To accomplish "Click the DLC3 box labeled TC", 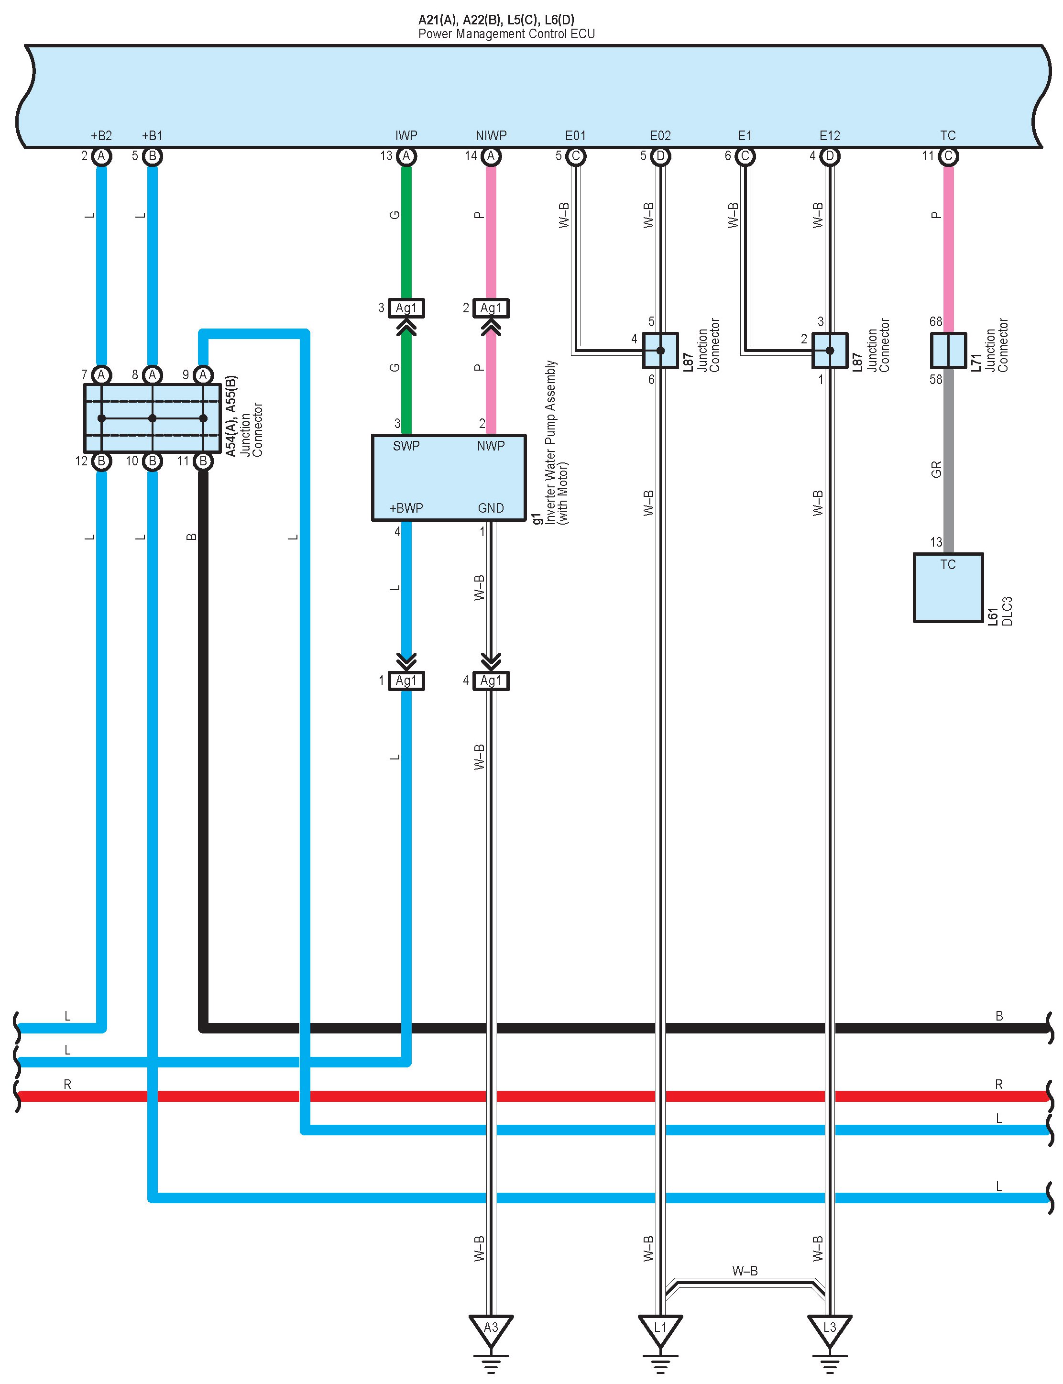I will pos(948,588).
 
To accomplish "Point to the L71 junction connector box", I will pos(948,350).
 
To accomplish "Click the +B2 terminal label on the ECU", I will pos(101,135).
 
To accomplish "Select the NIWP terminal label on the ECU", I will pos(491,135).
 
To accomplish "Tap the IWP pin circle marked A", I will pos(406,156).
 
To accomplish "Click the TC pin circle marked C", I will pos(948,156).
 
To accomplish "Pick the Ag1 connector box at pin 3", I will pos(406,308).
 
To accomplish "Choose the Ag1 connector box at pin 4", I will pos(491,681).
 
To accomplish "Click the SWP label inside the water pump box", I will pos(406,446).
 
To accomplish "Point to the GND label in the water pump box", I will pos(491,508).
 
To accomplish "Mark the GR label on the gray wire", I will pos(936,469).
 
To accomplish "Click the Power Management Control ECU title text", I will pos(506,34).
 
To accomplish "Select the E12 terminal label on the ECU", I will pos(830,135).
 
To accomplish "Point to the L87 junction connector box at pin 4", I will pos(660,351).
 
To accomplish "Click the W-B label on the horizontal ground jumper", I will pos(745,1271).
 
